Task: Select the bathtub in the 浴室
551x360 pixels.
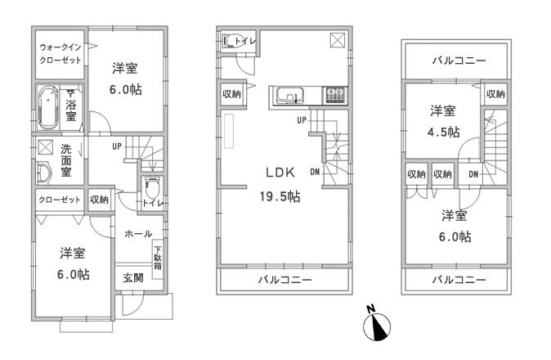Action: [x=47, y=109]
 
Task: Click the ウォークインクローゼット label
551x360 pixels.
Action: [x=59, y=54]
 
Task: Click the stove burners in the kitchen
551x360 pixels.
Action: [x=335, y=96]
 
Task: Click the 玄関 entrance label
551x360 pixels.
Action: [x=133, y=277]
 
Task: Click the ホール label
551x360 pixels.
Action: [x=137, y=234]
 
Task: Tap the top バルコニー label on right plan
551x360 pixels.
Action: [x=458, y=61]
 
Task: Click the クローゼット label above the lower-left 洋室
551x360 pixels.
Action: [x=59, y=200]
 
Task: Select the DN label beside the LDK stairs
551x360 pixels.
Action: [x=315, y=171]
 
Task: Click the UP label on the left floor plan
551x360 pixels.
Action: [x=117, y=146]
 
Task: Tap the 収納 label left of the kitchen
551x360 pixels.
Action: [x=231, y=94]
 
